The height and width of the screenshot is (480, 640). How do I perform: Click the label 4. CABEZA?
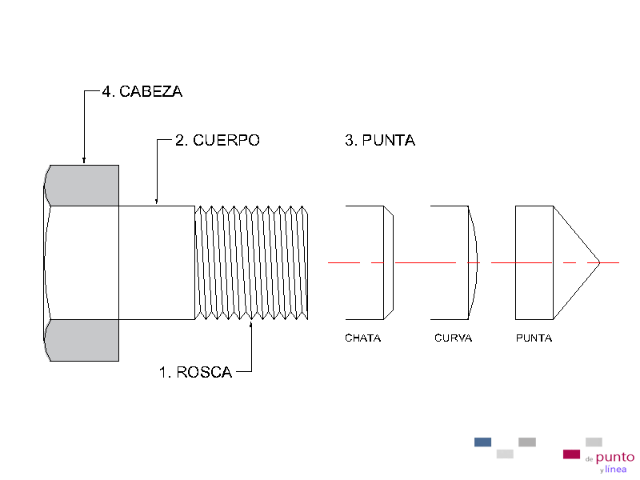(x=142, y=92)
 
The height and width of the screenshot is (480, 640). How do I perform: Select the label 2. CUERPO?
(x=217, y=141)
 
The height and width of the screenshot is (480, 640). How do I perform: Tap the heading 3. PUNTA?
(x=379, y=141)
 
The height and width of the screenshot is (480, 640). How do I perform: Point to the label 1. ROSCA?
(x=195, y=372)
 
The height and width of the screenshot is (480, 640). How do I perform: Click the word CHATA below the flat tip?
(x=362, y=338)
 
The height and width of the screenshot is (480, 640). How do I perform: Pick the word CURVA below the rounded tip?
(x=453, y=338)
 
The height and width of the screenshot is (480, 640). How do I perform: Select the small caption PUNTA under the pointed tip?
(x=534, y=338)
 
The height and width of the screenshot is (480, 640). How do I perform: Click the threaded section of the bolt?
(x=252, y=262)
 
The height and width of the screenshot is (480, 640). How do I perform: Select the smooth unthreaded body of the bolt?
(x=157, y=262)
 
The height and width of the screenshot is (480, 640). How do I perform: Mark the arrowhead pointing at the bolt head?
(x=84, y=162)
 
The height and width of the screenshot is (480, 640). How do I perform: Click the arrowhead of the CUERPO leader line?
(x=157, y=202)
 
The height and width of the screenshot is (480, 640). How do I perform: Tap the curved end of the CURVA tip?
(x=473, y=262)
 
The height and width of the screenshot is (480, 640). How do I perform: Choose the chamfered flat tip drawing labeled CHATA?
(x=369, y=262)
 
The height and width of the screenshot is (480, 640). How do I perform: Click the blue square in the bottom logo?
(x=482, y=442)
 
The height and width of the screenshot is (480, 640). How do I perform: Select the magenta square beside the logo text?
(x=571, y=454)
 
